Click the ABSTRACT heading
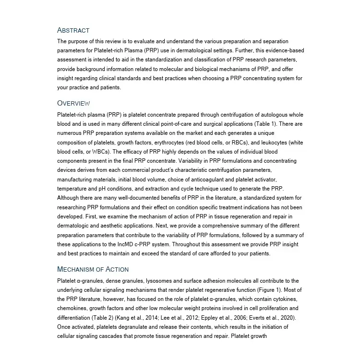(x=73, y=30)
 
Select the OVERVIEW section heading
(x=73, y=103)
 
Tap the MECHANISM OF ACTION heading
(x=93, y=269)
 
